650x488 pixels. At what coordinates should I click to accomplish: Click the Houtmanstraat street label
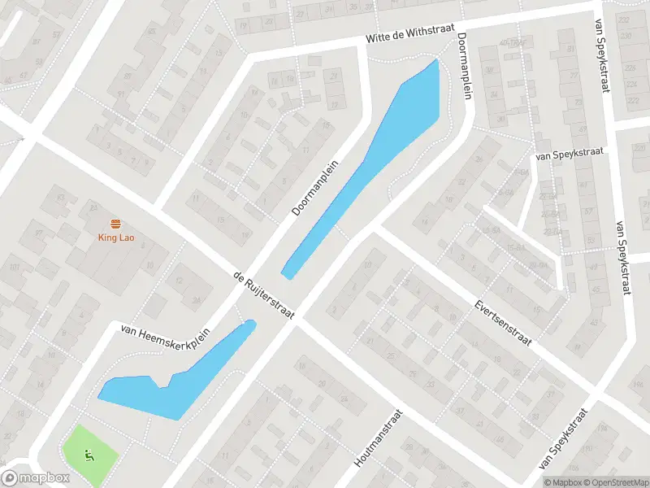379,438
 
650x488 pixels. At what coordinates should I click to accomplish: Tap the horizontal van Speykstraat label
565,152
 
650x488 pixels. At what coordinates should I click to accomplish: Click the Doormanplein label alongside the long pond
314,186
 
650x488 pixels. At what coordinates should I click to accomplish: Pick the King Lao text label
115,238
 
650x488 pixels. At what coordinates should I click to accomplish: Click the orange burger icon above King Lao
115,224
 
